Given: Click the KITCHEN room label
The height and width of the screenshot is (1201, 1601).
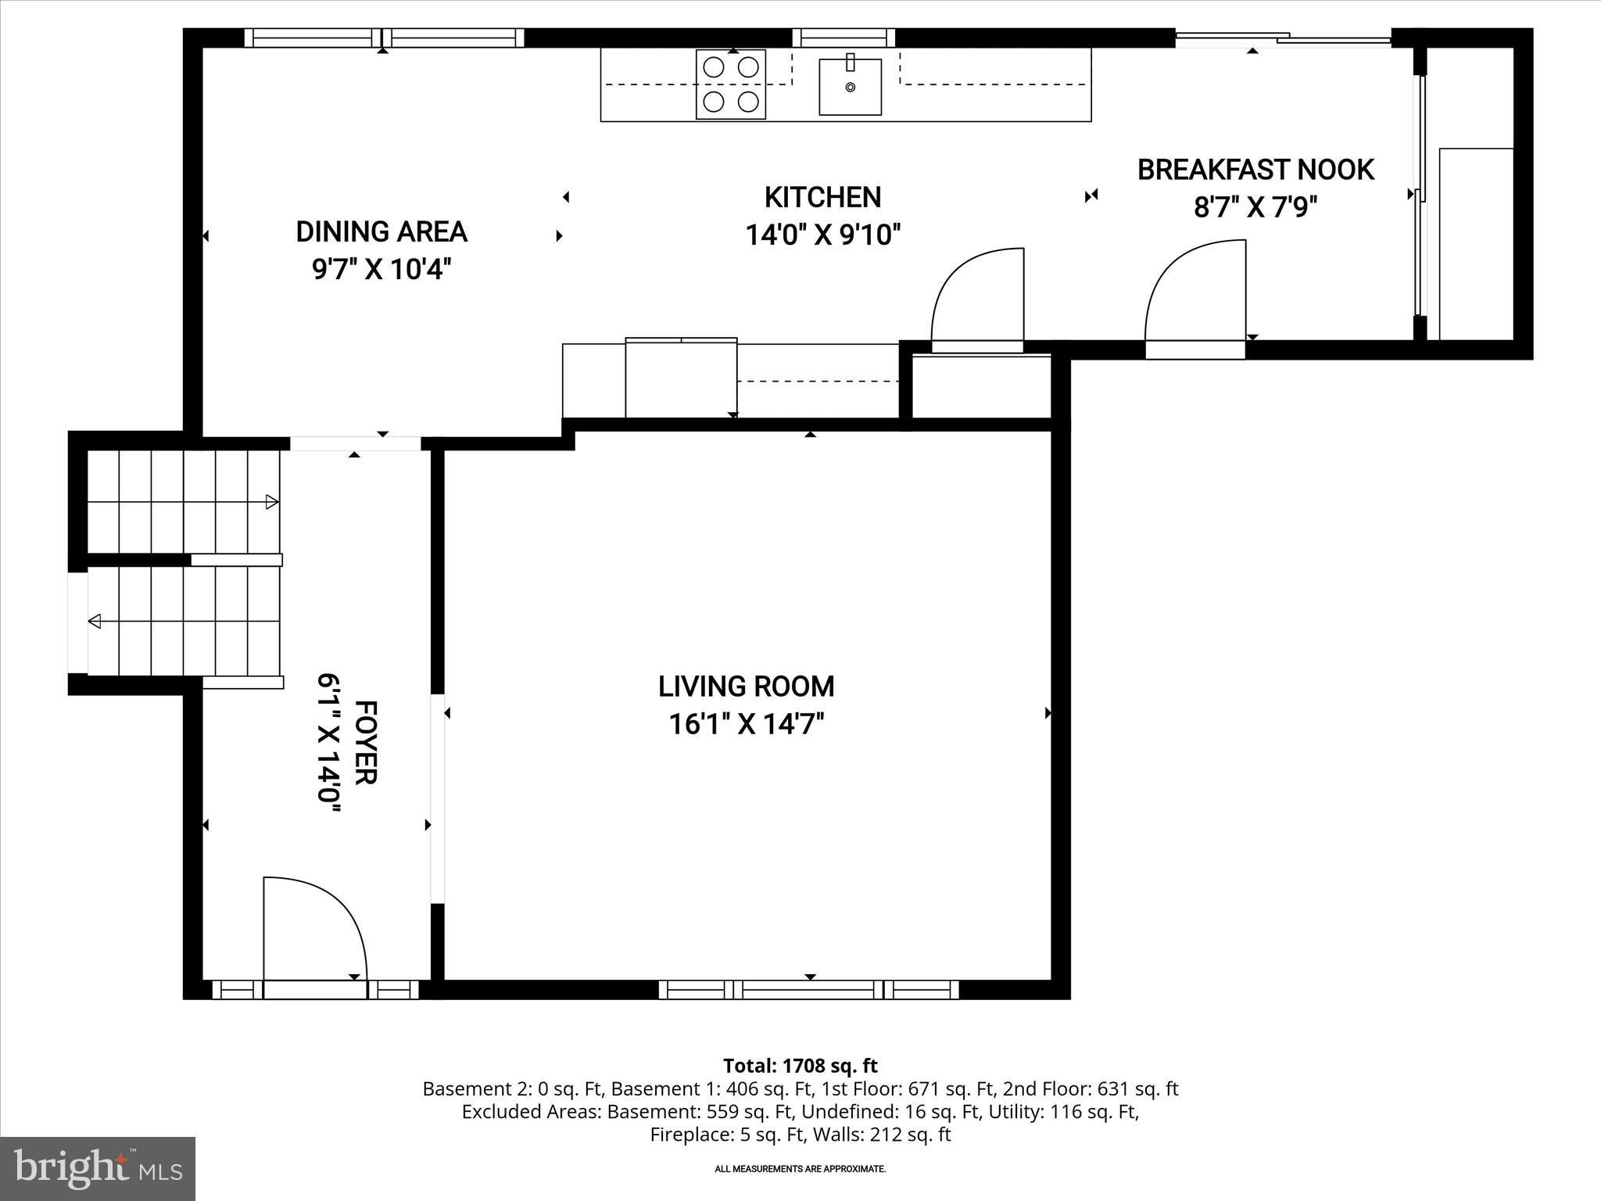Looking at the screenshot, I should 822,197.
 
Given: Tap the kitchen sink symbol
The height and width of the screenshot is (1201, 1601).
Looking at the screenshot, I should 850,87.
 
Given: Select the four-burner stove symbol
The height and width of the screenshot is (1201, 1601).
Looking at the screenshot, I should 731,84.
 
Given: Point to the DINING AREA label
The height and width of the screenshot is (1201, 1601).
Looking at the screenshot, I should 381,231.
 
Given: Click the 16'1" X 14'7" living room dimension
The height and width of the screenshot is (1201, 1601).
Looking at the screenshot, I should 747,725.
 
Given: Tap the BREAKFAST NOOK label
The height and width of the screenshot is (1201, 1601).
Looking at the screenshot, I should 1255,170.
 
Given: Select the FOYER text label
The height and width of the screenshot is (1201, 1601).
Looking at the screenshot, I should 366,742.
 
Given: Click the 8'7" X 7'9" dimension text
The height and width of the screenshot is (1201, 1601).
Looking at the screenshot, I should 1255,208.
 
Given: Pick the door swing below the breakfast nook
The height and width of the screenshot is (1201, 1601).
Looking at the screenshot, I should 1195,297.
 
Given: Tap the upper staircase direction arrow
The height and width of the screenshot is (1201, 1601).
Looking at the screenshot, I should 271,502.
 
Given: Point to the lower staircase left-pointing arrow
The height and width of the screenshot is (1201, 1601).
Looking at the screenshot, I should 95,622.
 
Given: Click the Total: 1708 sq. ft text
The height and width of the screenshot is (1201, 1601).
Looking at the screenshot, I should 800,1066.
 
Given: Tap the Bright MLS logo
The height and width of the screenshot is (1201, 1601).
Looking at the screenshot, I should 98,1168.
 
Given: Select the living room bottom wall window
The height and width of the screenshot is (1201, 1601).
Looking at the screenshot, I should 809,990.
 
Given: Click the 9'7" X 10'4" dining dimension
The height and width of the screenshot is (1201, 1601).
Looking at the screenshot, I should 381,270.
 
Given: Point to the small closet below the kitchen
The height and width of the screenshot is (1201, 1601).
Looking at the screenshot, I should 982,388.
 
